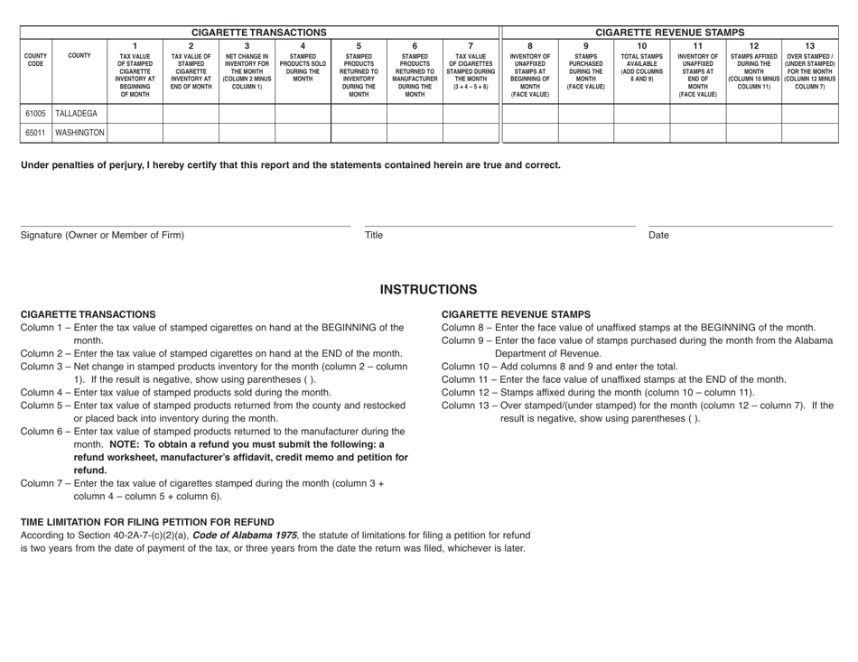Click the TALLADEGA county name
click(x=79, y=114)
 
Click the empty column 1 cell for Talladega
click(x=135, y=114)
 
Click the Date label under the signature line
click(x=659, y=236)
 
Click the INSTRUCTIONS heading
click(x=428, y=289)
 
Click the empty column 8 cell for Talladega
click(x=529, y=114)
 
